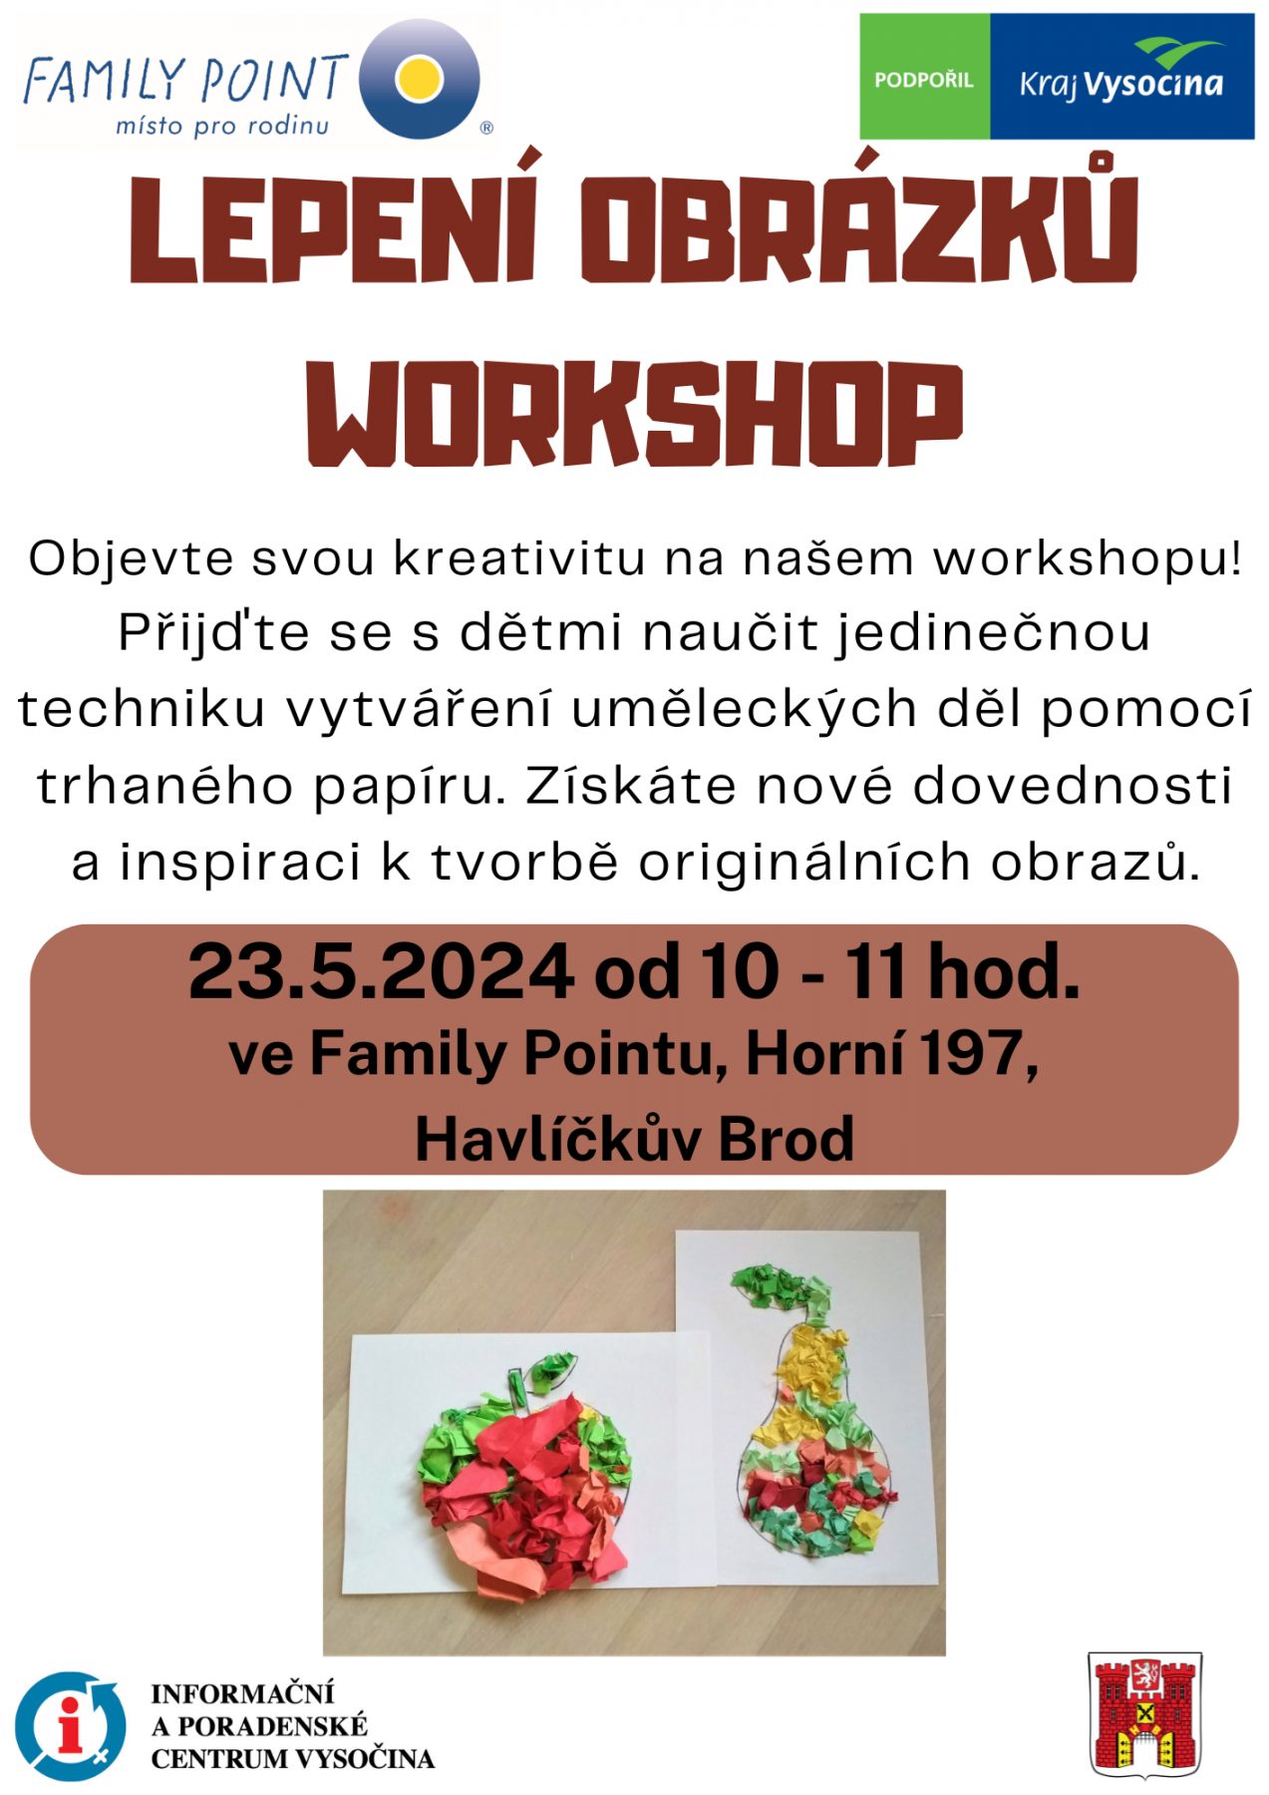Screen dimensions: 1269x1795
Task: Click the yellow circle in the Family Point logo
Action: coord(419,79)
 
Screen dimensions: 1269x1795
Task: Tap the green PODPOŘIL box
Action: coord(924,77)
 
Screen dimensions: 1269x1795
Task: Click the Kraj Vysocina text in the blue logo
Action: coord(1120,84)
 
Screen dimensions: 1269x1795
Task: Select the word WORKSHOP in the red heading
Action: coord(634,414)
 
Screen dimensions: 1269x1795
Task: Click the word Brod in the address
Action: coord(786,1138)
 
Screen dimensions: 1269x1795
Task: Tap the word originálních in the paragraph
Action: coord(803,864)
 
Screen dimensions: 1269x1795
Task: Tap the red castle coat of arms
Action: coord(1144,1716)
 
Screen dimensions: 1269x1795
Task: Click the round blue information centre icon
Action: coord(70,1726)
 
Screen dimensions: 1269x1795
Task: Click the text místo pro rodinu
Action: coord(221,126)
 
